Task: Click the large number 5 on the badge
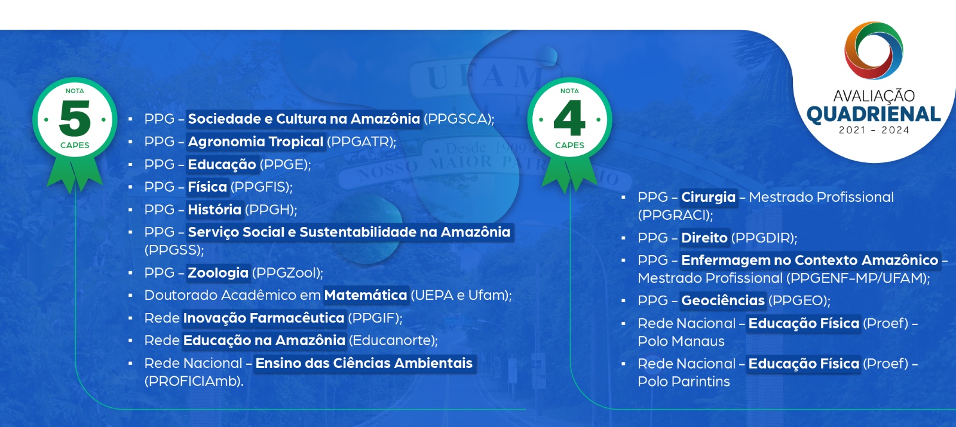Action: coord(75,118)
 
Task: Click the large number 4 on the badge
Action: coord(569,118)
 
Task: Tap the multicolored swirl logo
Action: coord(874,51)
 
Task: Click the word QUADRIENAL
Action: coord(874,114)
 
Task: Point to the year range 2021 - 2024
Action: coord(874,130)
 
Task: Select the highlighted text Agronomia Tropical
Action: coord(255,142)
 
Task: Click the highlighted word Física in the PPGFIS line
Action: coord(207,187)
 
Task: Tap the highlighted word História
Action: coord(215,210)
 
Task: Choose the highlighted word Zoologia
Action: coord(218,273)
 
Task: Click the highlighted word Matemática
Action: coord(366,295)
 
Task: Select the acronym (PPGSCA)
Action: coord(458,119)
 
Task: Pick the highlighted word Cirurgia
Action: coord(708,197)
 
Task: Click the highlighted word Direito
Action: coord(704,238)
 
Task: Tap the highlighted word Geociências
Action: coord(723,300)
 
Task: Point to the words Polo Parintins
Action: coord(684,382)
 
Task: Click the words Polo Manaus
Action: coord(681,341)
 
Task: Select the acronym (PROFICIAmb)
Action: coord(194,381)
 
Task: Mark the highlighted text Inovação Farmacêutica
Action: coord(263,318)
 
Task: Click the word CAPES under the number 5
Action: coord(75,145)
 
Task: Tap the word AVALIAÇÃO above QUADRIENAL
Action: coord(874,96)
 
